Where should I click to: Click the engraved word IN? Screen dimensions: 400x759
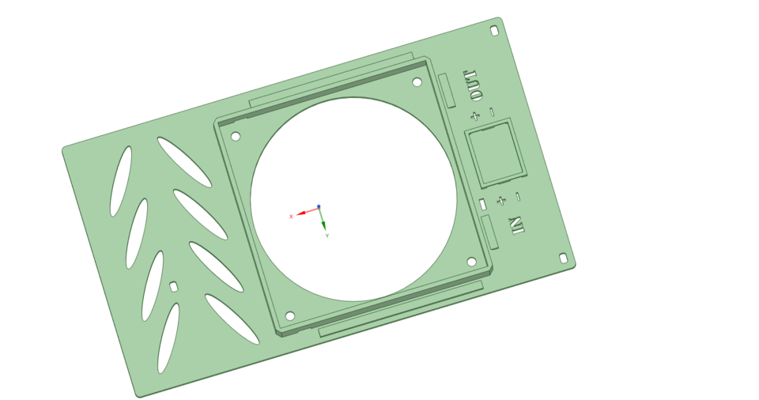pyautogui.click(x=517, y=225)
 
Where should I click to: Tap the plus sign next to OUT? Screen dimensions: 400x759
pyautogui.click(x=474, y=116)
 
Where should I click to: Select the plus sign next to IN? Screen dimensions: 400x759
pyautogui.click(x=500, y=201)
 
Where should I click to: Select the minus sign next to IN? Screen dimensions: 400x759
pyautogui.click(x=518, y=196)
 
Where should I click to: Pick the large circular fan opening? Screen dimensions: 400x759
pyautogui.click(x=353, y=199)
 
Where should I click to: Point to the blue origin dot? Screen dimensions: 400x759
pyautogui.click(x=319, y=207)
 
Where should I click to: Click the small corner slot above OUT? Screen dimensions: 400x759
pyautogui.click(x=494, y=31)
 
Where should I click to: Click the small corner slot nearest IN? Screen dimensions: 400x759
pyautogui.click(x=563, y=258)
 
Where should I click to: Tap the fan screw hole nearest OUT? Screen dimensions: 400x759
pyautogui.click(x=417, y=81)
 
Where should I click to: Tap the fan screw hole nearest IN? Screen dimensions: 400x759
pyautogui.click(x=471, y=262)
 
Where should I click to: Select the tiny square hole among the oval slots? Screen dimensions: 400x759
pyautogui.click(x=174, y=286)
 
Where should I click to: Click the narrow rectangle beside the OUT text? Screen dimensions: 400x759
pyautogui.click(x=447, y=90)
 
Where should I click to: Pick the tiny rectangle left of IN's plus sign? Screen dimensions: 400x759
pyautogui.click(x=482, y=205)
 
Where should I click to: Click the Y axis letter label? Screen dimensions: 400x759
pyautogui.click(x=327, y=236)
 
